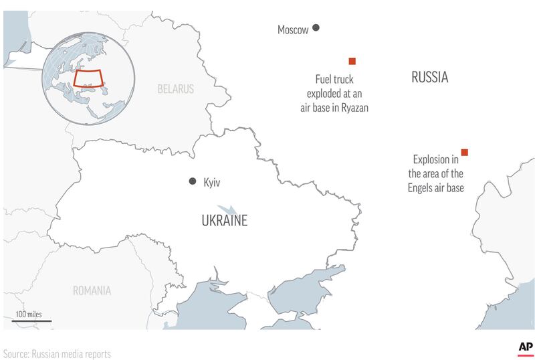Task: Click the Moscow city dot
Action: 316,28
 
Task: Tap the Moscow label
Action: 293,29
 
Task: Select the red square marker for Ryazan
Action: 352,62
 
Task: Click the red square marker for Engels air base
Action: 464,153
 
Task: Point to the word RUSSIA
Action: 429,78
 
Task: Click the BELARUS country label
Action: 175,89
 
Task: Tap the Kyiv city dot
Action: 193,181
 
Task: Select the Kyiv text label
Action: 212,182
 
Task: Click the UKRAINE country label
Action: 224,220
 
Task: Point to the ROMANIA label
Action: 92,290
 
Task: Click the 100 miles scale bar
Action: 31,321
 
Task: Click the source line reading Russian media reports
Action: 57,353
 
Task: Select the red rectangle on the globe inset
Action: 87,78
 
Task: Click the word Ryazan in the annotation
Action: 354,107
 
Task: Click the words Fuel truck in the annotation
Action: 335,79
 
